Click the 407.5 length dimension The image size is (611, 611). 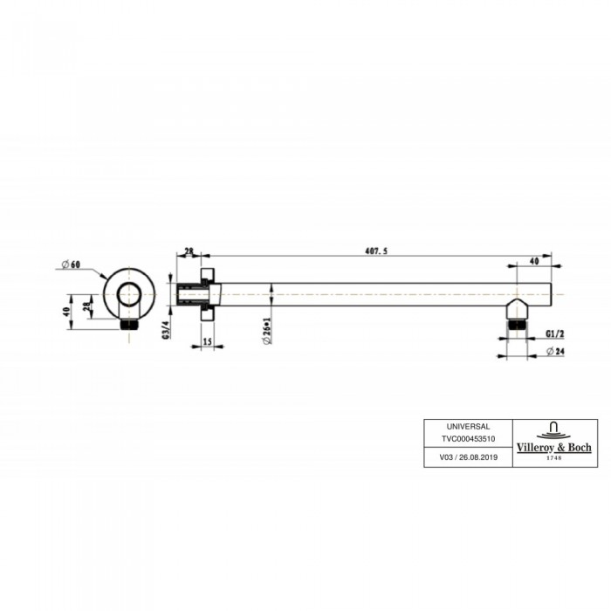[x=374, y=251]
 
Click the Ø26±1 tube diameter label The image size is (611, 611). [x=266, y=331]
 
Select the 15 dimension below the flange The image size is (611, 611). [x=208, y=342]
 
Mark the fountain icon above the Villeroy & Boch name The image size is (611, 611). [x=552, y=429]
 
